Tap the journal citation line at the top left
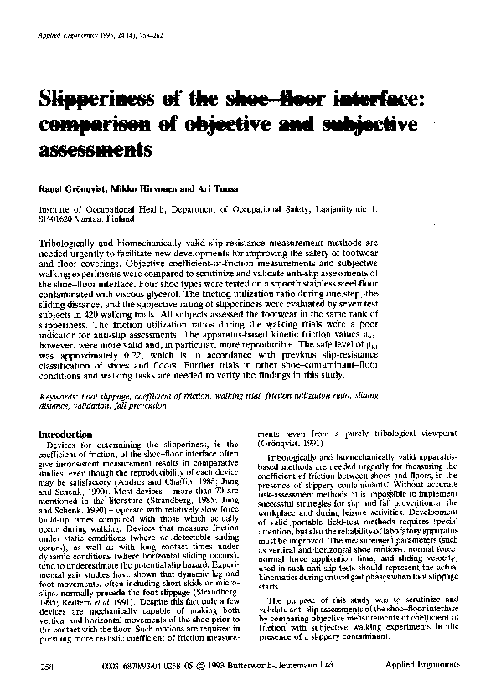coord(91,39)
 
